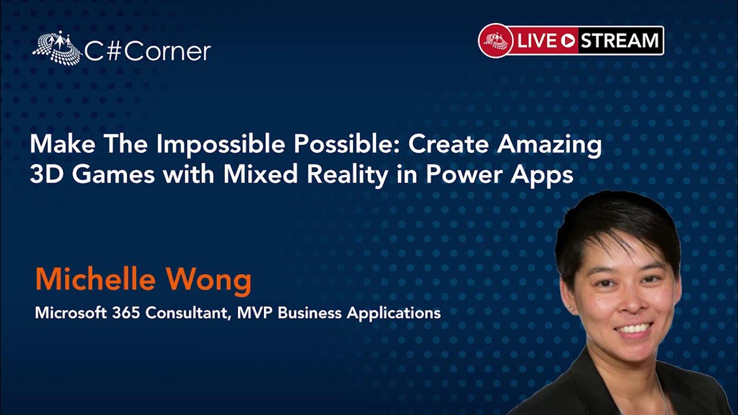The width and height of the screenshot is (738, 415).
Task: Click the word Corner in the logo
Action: pos(168,51)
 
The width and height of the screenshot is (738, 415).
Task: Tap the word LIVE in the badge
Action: pos(537,40)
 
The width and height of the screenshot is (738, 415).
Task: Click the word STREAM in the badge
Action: pos(619,40)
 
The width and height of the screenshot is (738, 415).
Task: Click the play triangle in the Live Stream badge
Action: pos(568,40)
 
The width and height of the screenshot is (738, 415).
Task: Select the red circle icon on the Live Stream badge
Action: pos(495,40)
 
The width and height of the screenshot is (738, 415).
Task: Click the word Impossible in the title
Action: pos(221,145)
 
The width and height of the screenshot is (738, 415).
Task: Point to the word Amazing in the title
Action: pos(549,145)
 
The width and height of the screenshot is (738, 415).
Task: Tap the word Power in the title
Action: pos(464,174)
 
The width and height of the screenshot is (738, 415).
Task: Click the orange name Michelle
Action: pos(96,279)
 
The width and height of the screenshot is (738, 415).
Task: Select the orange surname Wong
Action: pos(209,281)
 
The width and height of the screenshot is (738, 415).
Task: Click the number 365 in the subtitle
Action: pos(126,312)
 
